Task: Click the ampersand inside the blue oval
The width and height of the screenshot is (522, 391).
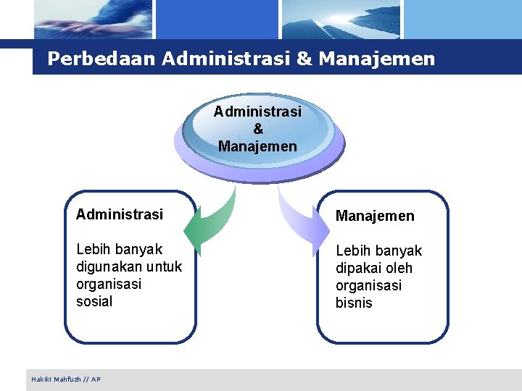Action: (258, 129)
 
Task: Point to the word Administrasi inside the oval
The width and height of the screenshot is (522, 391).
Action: (258, 112)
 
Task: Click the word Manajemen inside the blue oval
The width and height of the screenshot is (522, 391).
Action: (258, 146)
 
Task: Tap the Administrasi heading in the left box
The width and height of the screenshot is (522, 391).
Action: (120, 214)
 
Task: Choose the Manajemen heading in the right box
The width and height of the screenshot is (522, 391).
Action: (375, 216)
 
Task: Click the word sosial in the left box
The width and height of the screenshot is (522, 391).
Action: (94, 301)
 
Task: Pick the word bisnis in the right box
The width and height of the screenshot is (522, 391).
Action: (354, 303)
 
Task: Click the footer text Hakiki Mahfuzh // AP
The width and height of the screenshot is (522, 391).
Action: (66, 379)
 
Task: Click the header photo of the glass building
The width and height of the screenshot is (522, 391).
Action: (341, 20)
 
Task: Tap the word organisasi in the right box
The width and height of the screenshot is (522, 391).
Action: (368, 285)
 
